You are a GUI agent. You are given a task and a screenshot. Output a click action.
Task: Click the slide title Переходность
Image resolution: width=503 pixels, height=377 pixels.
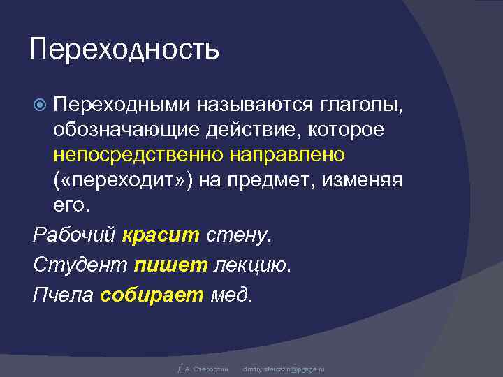tap(124, 49)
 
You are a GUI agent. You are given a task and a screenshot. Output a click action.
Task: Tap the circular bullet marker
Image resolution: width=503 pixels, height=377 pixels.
tap(40, 105)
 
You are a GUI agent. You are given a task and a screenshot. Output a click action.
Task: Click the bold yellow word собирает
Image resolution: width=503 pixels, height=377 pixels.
tap(152, 294)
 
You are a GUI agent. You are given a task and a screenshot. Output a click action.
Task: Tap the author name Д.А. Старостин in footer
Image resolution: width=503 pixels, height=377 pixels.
tap(199, 368)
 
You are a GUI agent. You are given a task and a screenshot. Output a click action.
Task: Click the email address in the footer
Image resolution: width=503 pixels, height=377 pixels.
tap(284, 368)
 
